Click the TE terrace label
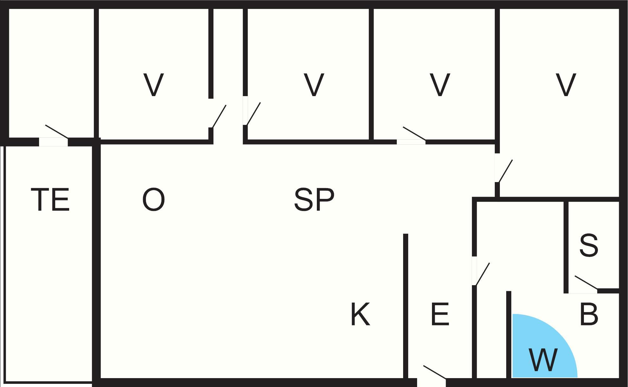coord(50,200)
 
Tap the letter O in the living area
coord(154,200)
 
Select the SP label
coord(314,200)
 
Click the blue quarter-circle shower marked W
coord(545,346)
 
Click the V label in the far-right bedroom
coord(566,85)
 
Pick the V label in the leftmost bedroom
coord(154,85)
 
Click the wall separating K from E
coord(406,306)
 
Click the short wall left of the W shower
coord(508,335)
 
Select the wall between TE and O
coord(96,262)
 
